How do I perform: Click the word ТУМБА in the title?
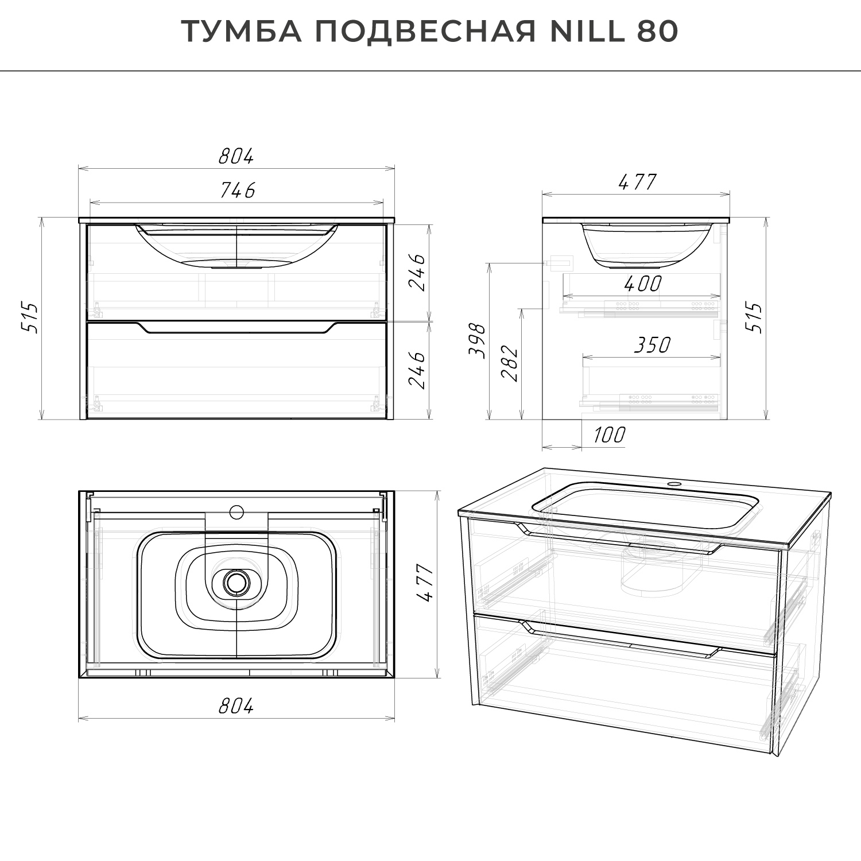coord(242,32)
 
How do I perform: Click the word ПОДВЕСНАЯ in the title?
coord(425,32)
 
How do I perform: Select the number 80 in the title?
coord(658,32)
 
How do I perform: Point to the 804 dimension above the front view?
coord(236,156)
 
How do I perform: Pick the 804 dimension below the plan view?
coord(236,707)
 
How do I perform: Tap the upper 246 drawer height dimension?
coord(419,272)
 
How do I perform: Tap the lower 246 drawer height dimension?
coord(419,370)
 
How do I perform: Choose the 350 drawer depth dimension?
coord(652,345)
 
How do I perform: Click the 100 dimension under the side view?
coord(608,435)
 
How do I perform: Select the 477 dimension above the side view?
coord(637,182)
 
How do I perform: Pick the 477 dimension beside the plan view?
coord(425,583)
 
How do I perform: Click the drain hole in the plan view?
coord(235,582)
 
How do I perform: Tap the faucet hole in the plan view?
coord(236,511)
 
